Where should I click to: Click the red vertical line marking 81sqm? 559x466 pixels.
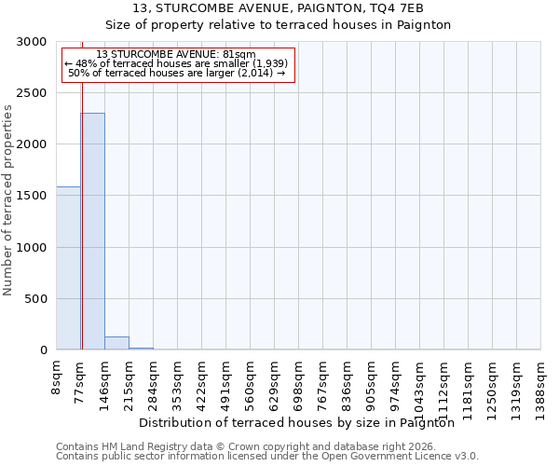[82, 205]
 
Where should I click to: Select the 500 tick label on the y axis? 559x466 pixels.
[35, 299]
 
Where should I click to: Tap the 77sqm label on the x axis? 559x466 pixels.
[81, 378]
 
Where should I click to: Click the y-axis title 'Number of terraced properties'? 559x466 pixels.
[8, 199]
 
